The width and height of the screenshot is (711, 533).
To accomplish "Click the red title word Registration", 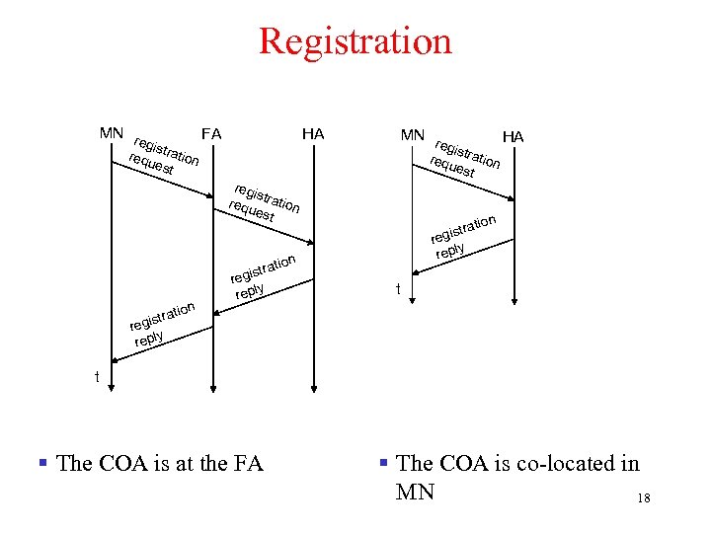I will click(355, 41).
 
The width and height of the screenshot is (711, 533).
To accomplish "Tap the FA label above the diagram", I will click(210, 133).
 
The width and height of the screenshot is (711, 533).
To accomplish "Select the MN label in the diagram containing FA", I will click(112, 132).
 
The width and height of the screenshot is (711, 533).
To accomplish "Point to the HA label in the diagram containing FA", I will click(313, 133).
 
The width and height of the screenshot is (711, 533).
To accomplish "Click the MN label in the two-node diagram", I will click(413, 133).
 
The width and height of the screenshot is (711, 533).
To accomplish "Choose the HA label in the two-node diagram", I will click(513, 135).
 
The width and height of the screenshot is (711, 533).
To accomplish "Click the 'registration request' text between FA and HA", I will click(264, 202).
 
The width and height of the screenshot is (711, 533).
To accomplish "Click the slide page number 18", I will click(644, 498).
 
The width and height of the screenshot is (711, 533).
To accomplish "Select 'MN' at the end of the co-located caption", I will click(415, 491).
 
